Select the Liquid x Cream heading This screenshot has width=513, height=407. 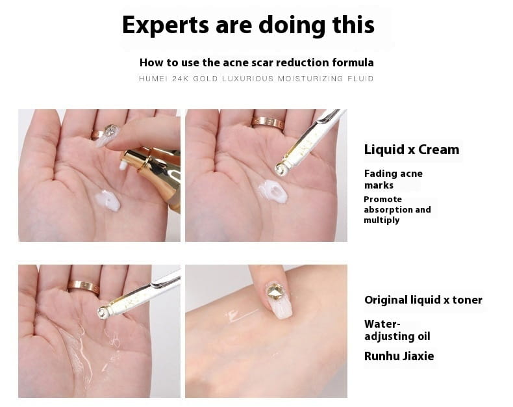(411, 150)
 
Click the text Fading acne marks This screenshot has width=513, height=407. (393, 179)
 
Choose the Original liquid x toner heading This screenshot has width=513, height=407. (423, 300)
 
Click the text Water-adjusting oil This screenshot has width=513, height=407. (397, 330)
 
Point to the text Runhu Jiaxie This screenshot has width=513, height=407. (399, 356)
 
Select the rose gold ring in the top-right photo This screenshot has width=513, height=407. (267, 122)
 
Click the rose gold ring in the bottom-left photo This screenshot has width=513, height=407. (83, 286)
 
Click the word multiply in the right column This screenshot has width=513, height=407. (381, 220)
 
